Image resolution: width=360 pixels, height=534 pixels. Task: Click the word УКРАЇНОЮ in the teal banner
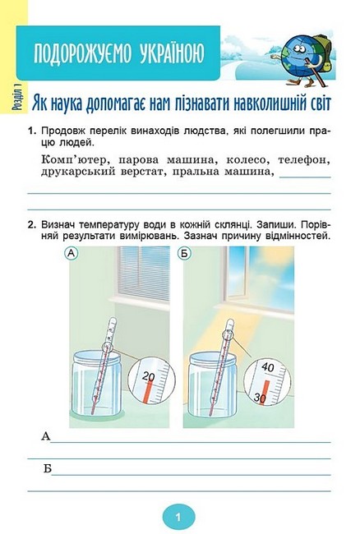pos(172,53)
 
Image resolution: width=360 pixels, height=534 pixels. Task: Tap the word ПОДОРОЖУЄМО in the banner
pos(81,53)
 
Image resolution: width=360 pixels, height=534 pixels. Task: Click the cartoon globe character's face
pos(298,50)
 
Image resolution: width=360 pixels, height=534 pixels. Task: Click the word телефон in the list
pos(304,159)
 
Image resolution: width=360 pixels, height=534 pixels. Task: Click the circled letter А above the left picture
pos(72,253)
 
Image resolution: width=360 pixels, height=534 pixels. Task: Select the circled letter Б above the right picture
pos(185,253)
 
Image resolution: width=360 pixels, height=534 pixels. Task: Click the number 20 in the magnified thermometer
pos(148,376)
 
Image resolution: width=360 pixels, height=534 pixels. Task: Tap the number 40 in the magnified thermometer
pos(268,367)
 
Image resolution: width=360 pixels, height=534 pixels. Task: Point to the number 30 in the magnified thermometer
pos(261,397)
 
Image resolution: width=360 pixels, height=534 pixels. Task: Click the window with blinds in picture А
pos(144,274)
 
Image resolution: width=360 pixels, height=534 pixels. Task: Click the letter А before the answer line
pos(46,436)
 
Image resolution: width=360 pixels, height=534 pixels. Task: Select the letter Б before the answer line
pos(48,468)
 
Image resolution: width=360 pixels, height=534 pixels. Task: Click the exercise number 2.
pos(32,225)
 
